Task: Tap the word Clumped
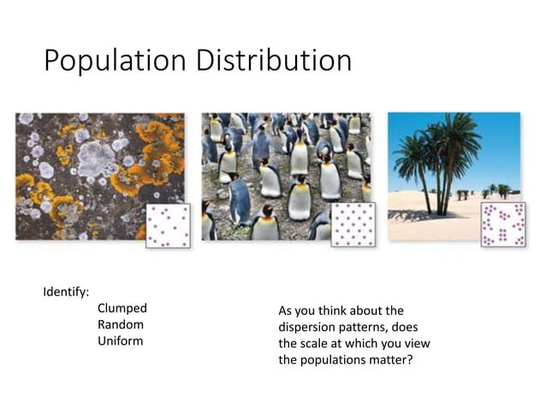tap(122, 308)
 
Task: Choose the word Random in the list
tap(121, 324)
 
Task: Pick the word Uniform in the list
tap(121, 341)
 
